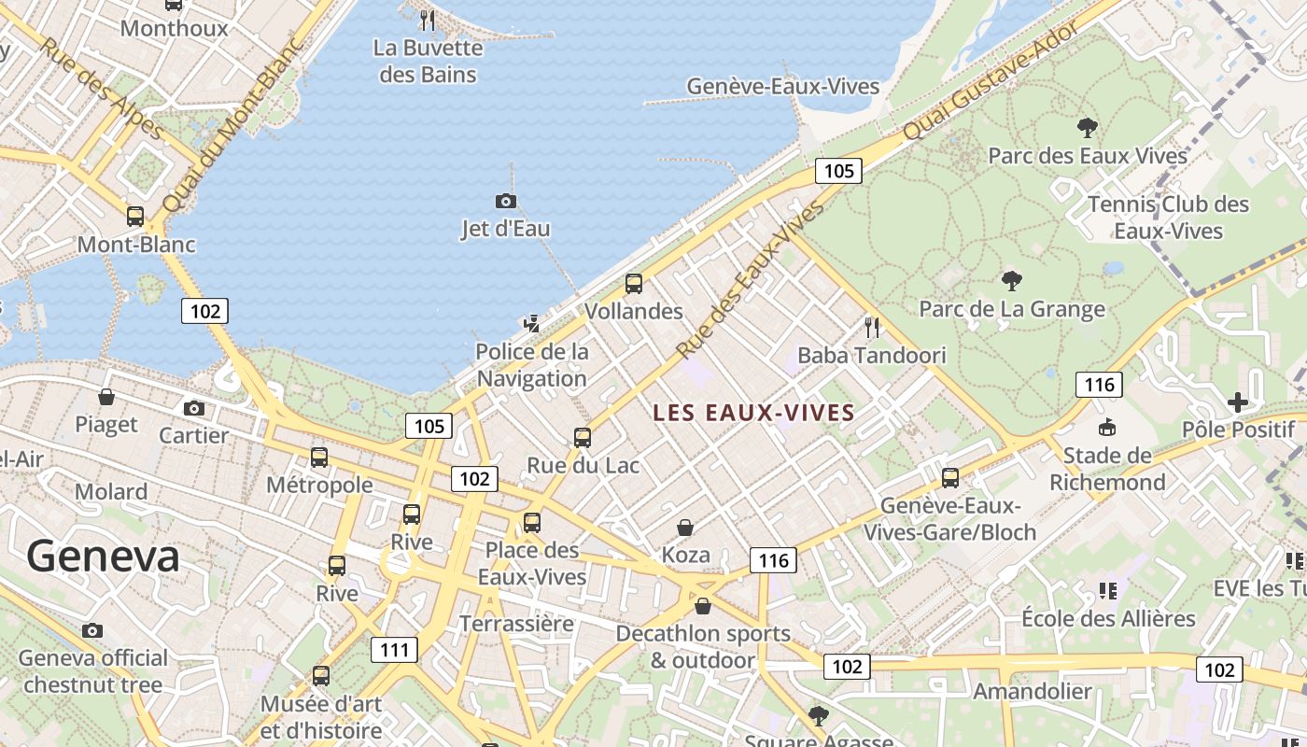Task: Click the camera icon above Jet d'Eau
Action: [x=505, y=201]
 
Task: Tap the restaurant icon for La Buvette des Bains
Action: [x=428, y=20]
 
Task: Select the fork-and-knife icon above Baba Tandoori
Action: [x=872, y=327]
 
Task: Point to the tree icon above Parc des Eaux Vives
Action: [x=1087, y=127]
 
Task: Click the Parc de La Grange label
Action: [x=1012, y=309]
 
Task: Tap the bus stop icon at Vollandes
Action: [x=634, y=284]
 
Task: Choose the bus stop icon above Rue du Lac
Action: [x=583, y=437]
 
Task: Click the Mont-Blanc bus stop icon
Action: [x=135, y=217]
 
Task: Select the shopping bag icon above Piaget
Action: [x=106, y=397]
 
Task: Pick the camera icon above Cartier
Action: [x=194, y=408]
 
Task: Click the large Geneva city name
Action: [x=103, y=557]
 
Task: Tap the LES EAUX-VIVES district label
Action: [x=753, y=413]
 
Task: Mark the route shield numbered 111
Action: [x=394, y=650]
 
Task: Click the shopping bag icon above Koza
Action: [x=685, y=528]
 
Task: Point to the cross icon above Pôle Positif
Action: [x=1238, y=402]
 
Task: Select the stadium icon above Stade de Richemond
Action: [x=1107, y=428]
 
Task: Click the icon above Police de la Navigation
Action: [x=532, y=323]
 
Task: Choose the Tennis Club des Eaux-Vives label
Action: [x=1168, y=218]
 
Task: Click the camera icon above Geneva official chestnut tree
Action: [x=91, y=630]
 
